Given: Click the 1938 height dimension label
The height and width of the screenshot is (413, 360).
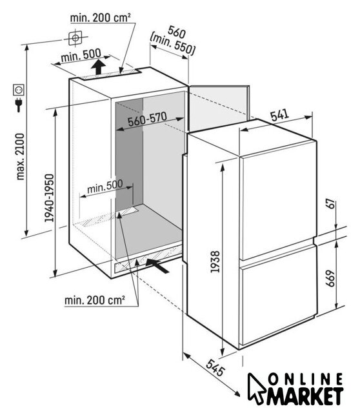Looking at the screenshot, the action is (215, 262).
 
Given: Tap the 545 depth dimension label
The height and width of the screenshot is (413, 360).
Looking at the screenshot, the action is (215, 367).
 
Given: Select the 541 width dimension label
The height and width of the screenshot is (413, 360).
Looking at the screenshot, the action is (280, 115).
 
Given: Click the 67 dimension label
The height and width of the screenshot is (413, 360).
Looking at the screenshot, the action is (331, 204).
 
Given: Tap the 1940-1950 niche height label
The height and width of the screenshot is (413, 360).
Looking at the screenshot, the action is (49, 198).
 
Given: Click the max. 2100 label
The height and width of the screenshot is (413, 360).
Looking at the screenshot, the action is (20, 156).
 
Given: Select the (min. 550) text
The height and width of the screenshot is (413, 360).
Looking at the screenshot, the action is (172, 45).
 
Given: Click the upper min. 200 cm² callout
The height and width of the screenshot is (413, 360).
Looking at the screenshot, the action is (101, 18).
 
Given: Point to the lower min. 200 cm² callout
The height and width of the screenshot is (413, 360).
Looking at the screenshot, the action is (95, 300).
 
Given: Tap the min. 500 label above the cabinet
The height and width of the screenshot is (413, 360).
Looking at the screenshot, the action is (81, 55).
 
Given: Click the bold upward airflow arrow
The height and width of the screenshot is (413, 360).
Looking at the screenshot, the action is (99, 66).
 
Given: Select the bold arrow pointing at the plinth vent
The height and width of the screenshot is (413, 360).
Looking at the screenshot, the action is (157, 265).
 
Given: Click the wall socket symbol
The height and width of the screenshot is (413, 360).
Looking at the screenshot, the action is (19, 90).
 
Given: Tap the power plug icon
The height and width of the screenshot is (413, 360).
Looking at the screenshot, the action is (19, 105).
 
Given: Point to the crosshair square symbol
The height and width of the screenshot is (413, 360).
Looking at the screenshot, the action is (75, 38).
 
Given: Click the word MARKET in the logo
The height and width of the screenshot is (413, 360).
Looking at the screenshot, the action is (305, 396).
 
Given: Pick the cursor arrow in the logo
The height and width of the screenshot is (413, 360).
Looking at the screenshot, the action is (255, 388).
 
